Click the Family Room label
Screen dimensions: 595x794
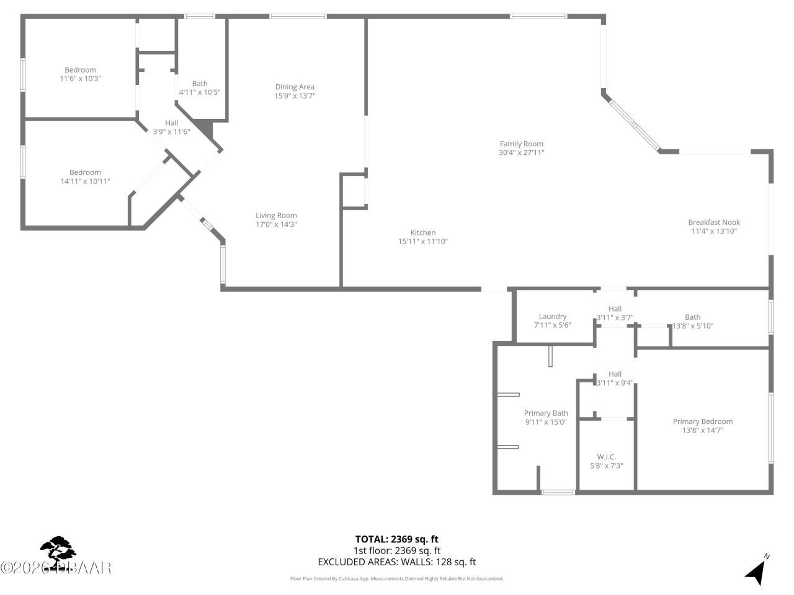click(521, 144)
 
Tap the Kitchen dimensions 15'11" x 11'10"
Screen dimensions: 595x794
click(422, 242)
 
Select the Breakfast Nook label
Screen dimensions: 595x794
click(714, 223)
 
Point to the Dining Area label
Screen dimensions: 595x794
click(295, 87)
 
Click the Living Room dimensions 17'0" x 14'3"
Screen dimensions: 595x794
click(276, 224)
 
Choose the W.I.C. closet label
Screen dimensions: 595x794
click(607, 457)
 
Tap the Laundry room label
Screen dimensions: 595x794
click(552, 316)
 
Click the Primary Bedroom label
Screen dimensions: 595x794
click(702, 421)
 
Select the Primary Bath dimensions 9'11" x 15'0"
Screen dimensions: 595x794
click(546, 422)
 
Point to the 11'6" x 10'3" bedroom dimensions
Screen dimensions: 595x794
click(80, 79)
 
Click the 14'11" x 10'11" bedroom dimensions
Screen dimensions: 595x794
click(85, 181)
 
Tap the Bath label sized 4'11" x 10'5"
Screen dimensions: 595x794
click(200, 83)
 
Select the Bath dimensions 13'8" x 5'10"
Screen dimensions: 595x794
click(693, 325)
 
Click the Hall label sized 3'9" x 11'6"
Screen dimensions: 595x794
click(172, 123)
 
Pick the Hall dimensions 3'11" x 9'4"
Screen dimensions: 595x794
click(615, 382)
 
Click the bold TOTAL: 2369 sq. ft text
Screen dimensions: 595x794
click(396, 539)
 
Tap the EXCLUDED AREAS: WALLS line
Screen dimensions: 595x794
click(396, 562)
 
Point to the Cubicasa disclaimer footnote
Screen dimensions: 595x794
click(396, 578)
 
